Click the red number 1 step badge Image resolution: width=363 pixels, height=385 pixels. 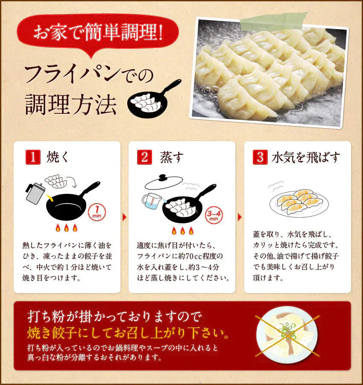click(32, 157)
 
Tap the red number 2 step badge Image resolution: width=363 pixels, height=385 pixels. click(144, 157)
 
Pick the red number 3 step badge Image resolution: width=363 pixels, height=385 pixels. click(259, 157)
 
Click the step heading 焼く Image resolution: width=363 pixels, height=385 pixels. click(56, 157)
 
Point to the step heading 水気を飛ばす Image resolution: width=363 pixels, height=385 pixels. click(306, 157)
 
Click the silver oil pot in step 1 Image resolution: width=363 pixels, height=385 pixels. click(35, 192)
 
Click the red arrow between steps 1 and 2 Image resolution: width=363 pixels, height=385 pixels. click(124, 217)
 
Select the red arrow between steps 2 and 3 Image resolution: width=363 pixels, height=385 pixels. click(239, 217)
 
